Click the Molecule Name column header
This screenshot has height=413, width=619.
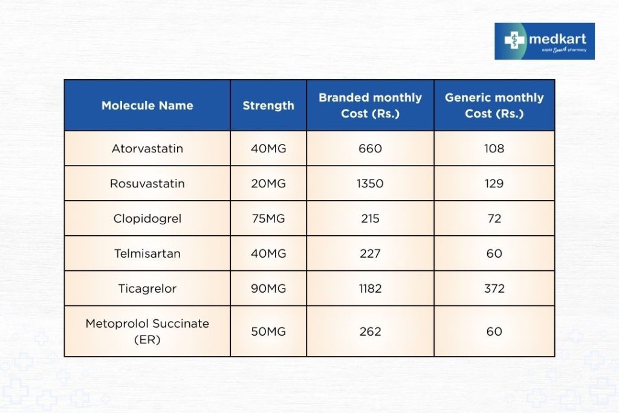[147, 106]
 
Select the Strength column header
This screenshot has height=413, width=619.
[268, 106]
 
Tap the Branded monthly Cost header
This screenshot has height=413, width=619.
[370, 105]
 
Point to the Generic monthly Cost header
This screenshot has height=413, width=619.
[494, 105]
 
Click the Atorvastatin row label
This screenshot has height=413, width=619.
[147, 148]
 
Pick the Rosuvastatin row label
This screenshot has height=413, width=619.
[147, 183]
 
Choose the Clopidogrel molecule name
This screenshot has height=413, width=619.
[147, 218]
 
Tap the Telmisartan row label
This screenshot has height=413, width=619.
[147, 253]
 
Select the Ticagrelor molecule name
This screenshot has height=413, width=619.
[147, 288]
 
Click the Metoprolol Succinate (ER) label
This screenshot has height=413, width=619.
[147, 331]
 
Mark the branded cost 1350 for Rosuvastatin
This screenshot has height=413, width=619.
[370, 183]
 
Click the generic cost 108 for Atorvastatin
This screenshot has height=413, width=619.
[494, 148]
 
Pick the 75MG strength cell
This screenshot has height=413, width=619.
[268, 218]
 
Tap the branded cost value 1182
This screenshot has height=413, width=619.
[370, 288]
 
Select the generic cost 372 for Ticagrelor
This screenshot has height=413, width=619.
[494, 288]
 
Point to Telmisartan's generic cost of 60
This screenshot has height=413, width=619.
[494, 253]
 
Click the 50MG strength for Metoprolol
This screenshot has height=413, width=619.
[268, 331]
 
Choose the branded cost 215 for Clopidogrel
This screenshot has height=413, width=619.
[370, 218]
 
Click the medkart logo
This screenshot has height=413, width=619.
[544, 41]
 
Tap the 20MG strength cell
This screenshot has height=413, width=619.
[268, 183]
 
